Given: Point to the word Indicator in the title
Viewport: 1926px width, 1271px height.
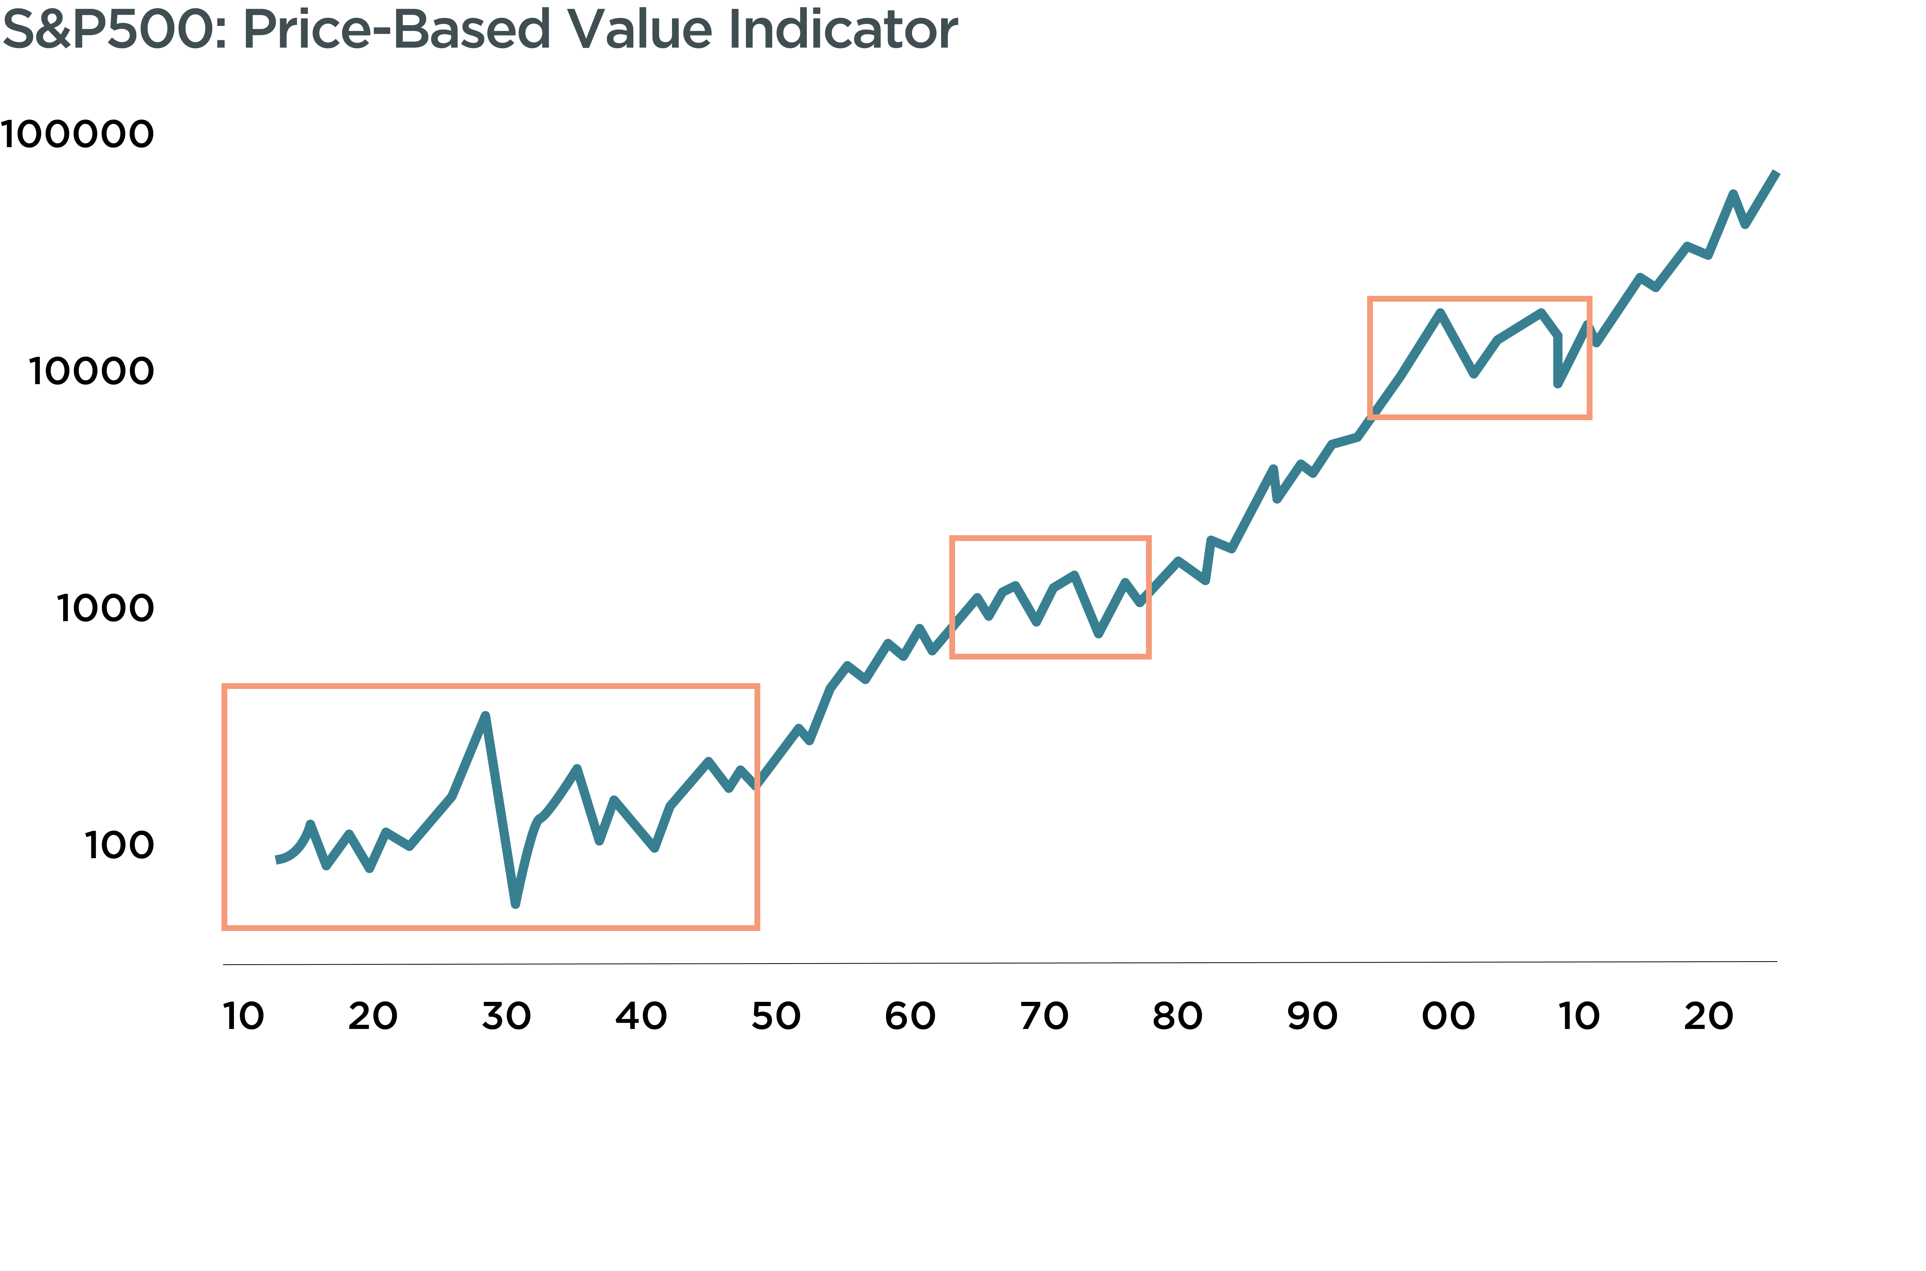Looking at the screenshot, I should pyautogui.click(x=843, y=29).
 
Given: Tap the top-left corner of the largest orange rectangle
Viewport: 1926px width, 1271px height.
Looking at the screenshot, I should pyautogui.click(x=225, y=687).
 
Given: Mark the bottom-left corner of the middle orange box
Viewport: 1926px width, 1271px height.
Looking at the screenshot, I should pyautogui.click(x=952, y=656).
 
